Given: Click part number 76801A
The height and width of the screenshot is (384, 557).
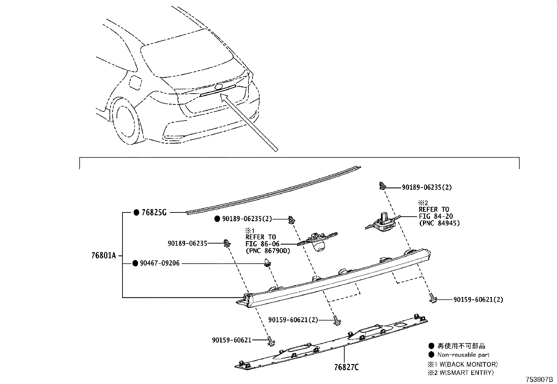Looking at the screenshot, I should (x=103, y=256).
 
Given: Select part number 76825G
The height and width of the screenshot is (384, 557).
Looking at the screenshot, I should (x=154, y=212).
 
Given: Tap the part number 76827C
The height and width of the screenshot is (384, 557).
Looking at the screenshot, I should (x=346, y=367).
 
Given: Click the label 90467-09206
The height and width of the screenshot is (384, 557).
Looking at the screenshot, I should (x=160, y=263).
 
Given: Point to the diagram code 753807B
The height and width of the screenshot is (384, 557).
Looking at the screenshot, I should (x=538, y=379).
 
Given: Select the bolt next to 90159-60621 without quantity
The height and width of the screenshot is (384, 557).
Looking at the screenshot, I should (x=271, y=341).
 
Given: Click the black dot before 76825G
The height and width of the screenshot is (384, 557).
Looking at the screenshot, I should (x=136, y=212).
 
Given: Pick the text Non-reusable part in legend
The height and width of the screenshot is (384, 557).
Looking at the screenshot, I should (x=463, y=355).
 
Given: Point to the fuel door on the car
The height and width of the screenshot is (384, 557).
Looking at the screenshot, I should (x=135, y=82).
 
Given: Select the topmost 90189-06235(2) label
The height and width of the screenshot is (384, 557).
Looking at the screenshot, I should (x=426, y=187).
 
